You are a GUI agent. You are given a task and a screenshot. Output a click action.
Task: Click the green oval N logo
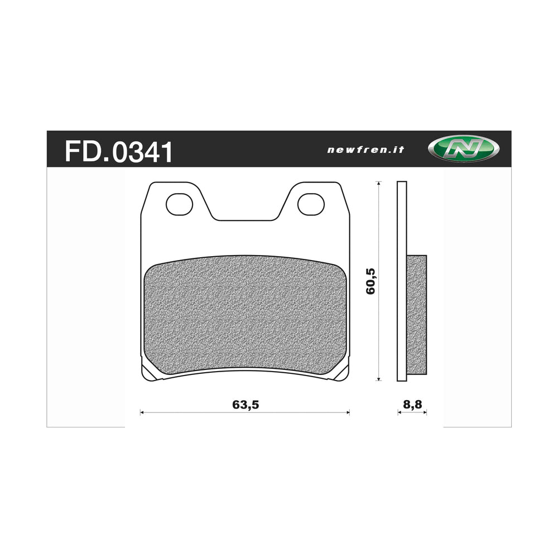(463, 149)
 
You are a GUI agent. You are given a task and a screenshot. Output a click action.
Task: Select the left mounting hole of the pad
(179, 204)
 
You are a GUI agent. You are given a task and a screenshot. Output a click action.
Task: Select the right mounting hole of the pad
(311, 204)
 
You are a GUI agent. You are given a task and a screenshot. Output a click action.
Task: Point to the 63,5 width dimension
(246, 405)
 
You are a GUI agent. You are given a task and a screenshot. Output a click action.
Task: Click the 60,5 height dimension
(372, 280)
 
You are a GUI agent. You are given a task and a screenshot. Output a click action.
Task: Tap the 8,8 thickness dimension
(413, 405)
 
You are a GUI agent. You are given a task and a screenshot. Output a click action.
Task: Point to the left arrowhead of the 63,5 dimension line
(142, 413)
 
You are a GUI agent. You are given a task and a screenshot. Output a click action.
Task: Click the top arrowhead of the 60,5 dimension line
(379, 184)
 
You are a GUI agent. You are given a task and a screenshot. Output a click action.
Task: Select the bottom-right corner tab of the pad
(340, 374)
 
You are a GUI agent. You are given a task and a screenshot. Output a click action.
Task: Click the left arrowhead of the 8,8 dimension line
(399, 413)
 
